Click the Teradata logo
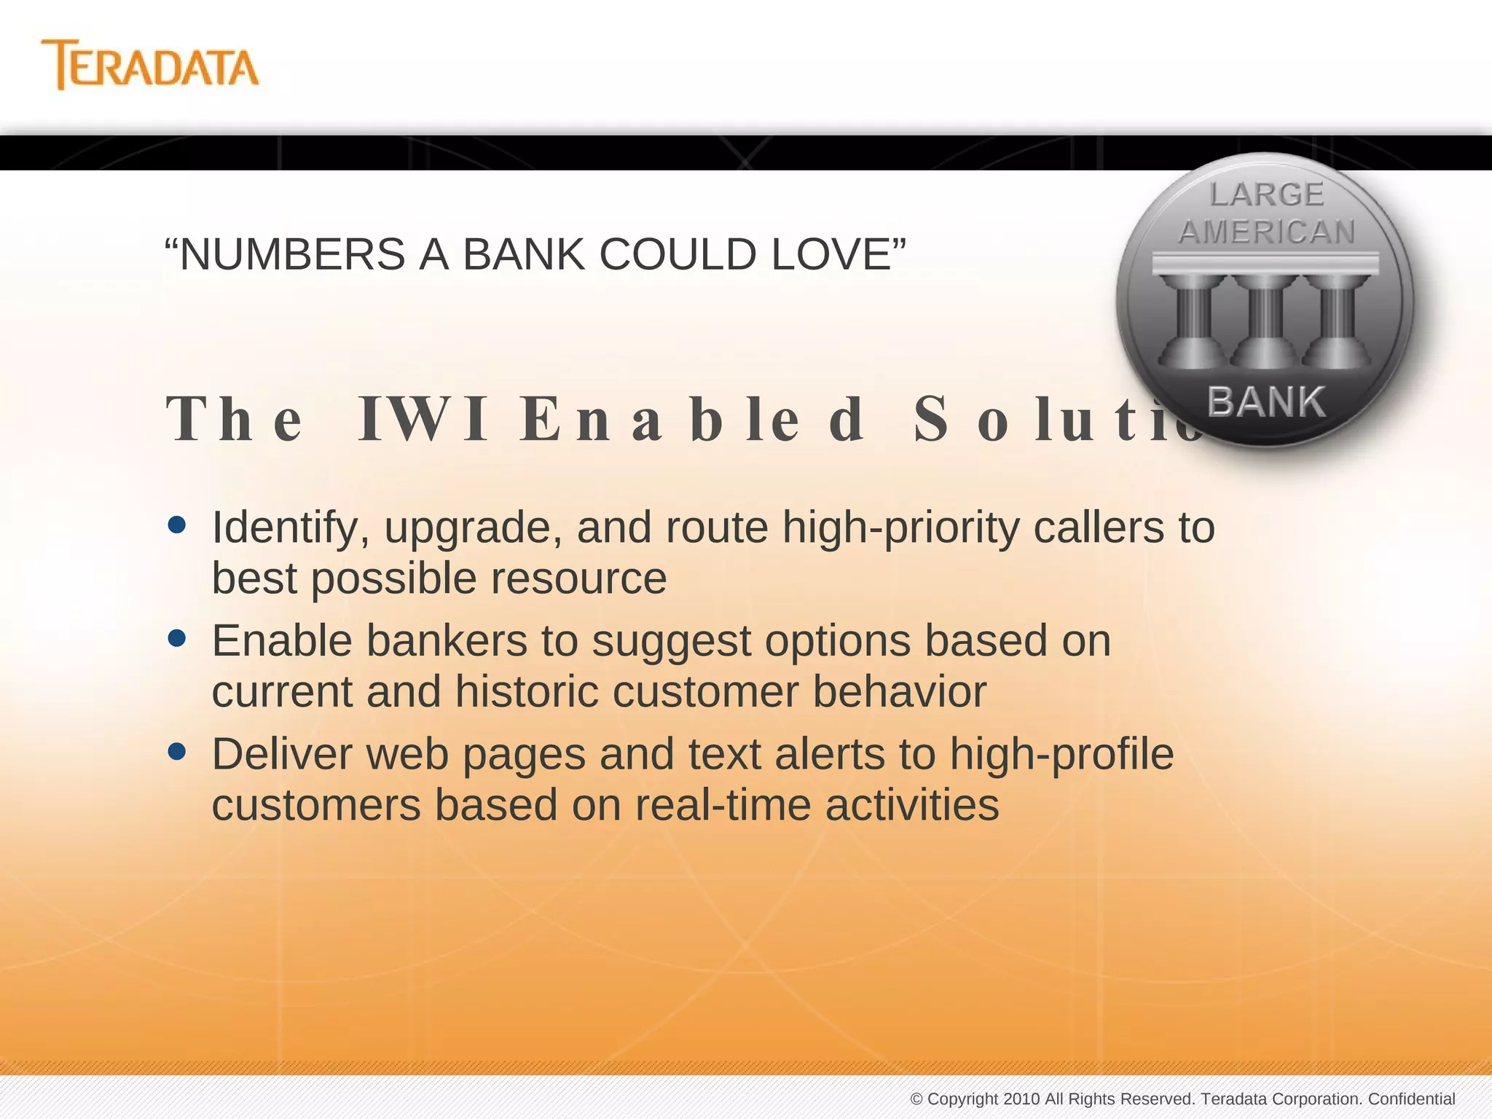click(x=150, y=66)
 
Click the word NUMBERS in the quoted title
click(x=291, y=254)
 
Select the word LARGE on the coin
click(x=1266, y=195)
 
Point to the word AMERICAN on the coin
click(x=1266, y=232)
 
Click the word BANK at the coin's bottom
click(x=1266, y=402)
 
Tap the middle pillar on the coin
click(x=1266, y=321)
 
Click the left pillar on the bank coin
click(x=1193, y=321)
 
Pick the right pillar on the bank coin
click(x=1337, y=321)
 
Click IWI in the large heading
click(x=423, y=420)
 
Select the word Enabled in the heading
click(x=692, y=420)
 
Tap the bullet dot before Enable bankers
click(x=176, y=638)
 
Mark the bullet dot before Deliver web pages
click(x=176, y=751)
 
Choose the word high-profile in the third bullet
click(x=1061, y=754)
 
